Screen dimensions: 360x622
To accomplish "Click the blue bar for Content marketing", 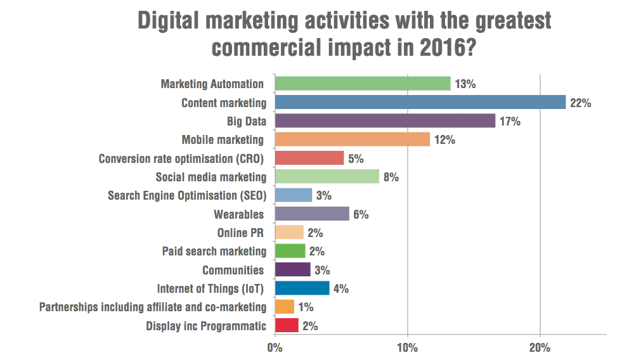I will [x=420, y=102].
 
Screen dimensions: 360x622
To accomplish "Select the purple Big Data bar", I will [x=385, y=120].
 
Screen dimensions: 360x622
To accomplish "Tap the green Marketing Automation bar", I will [x=362, y=84].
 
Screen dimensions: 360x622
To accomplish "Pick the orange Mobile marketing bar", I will [x=352, y=139].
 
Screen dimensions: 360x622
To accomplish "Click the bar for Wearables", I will [x=311, y=214].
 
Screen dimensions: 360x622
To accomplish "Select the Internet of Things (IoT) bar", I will [x=302, y=288].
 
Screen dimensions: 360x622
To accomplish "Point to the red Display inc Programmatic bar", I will [x=286, y=326].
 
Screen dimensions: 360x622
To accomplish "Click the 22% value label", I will [x=580, y=103].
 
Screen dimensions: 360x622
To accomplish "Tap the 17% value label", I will [x=510, y=121].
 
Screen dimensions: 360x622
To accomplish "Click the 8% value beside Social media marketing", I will [x=391, y=177].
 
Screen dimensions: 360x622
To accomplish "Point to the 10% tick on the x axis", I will [x=407, y=347].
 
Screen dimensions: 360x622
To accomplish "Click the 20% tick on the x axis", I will [x=540, y=347].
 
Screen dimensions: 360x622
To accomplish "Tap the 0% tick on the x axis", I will [x=275, y=347].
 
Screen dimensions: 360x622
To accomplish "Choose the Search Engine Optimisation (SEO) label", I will [x=187, y=195].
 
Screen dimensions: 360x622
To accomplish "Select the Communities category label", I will [x=233, y=270].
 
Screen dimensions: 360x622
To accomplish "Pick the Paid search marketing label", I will [x=214, y=251].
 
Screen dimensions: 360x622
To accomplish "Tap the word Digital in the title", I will [x=176, y=21].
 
